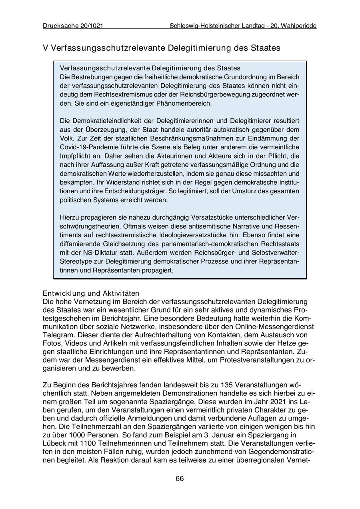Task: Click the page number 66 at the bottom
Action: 180,479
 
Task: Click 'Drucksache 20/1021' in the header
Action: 73,26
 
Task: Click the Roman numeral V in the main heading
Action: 46,48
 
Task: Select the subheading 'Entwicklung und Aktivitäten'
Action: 91,293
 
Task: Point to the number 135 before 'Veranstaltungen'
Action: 227,385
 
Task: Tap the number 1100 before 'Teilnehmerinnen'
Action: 87,444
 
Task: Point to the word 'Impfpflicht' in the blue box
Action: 76,156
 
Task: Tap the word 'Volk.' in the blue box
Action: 67,138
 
